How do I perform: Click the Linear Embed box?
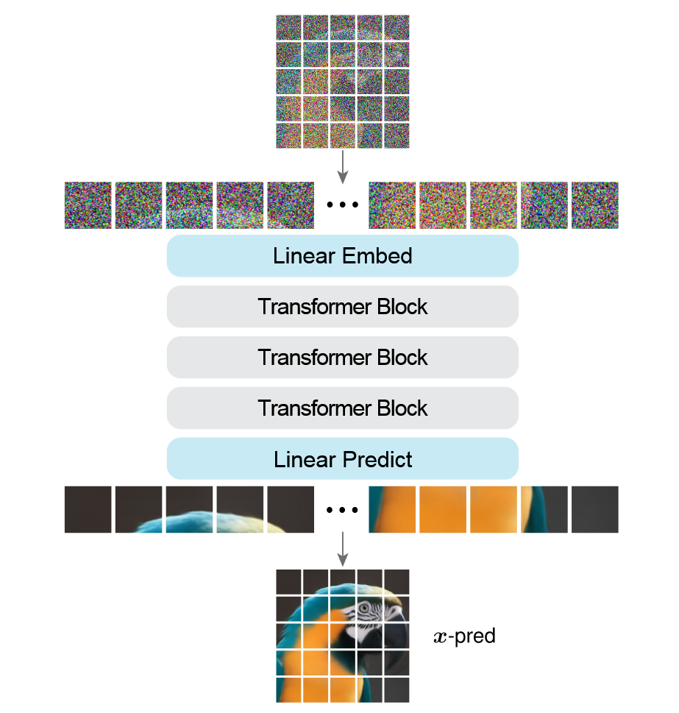(x=342, y=256)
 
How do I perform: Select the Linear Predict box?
(x=342, y=459)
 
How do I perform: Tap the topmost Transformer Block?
(x=342, y=307)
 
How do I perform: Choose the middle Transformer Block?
(x=342, y=358)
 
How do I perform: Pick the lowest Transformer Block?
(x=342, y=408)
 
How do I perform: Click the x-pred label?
(x=464, y=636)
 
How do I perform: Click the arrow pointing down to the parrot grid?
(x=342, y=549)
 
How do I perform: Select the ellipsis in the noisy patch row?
(x=342, y=205)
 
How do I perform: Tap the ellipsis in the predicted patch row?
(x=342, y=510)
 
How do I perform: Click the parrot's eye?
(x=366, y=609)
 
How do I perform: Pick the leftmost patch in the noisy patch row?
(x=88, y=205)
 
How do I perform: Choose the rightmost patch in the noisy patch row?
(x=594, y=205)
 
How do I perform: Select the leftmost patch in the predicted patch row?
(x=88, y=509)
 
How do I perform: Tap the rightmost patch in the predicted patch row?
(x=594, y=509)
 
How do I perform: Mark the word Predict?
(x=380, y=459)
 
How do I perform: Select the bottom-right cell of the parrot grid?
(x=396, y=689)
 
